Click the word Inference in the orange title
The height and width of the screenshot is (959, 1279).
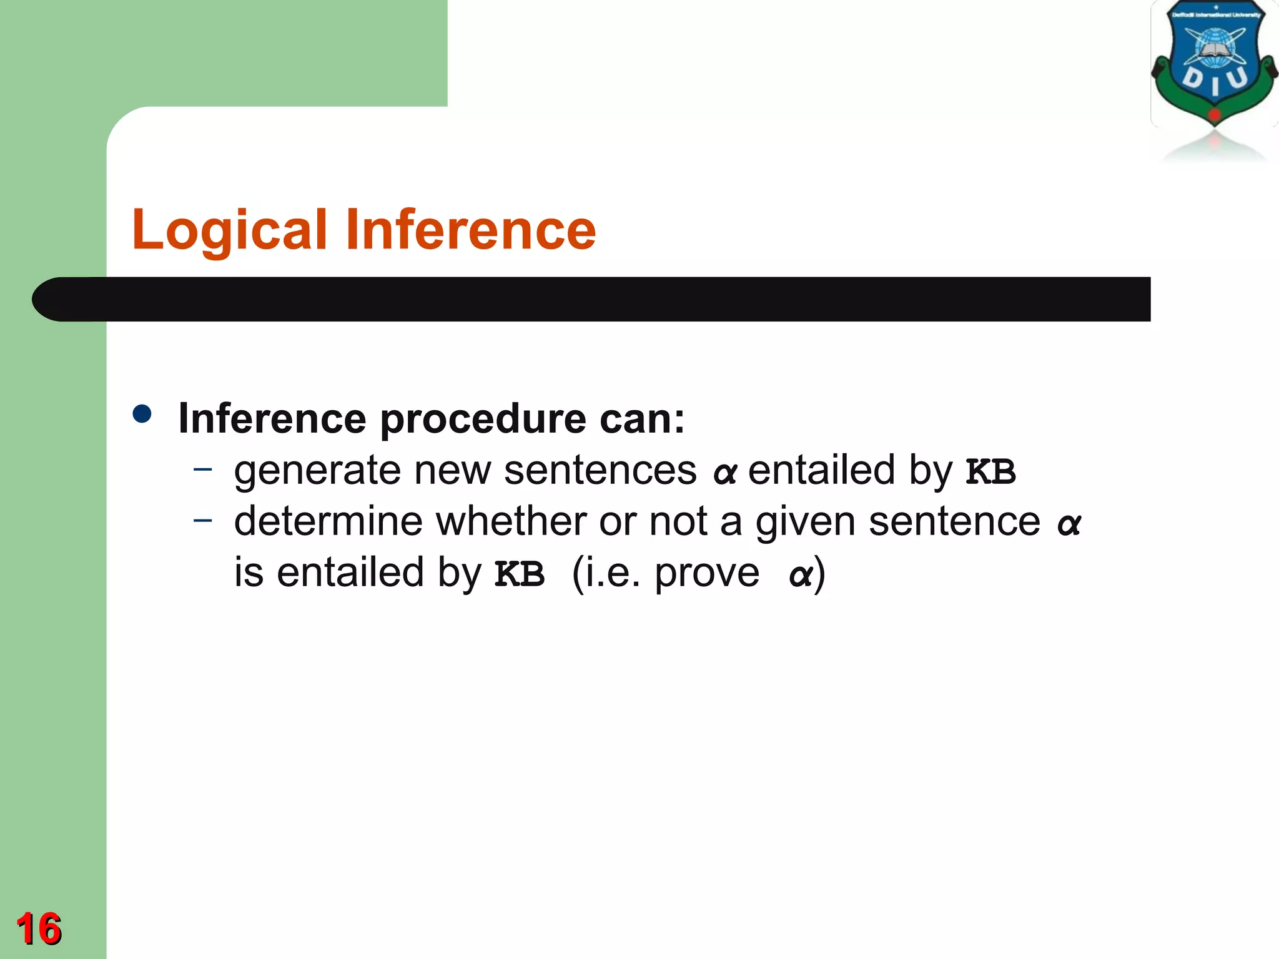click(470, 230)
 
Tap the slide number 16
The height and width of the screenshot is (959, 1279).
click(39, 929)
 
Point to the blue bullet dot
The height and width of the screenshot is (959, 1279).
click(142, 414)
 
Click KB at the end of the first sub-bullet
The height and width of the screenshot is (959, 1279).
click(990, 472)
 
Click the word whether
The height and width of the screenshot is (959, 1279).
click(511, 521)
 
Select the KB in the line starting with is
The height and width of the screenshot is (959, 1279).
click(520, 574)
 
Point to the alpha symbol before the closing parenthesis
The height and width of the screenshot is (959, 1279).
click(801, 575)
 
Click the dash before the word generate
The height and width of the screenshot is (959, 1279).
click(203, 468)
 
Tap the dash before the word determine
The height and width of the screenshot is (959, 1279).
click(203, 519)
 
